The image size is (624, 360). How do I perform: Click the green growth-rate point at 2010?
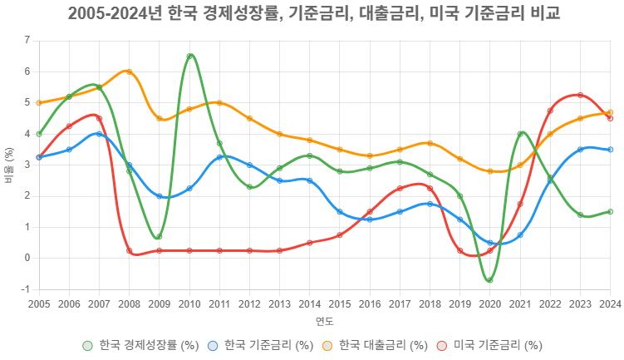(190, 57)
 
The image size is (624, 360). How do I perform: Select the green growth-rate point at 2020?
(490, 280)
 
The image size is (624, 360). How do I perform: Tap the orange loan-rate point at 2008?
(130, 72)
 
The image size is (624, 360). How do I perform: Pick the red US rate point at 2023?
(580, 95)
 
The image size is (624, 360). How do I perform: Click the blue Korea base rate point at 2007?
(99, 134)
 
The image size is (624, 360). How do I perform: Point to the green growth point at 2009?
(160, 237)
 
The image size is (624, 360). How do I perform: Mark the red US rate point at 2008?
(130, 250)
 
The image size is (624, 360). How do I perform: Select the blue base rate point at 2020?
(490, 243)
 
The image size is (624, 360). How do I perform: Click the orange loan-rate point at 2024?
(610, 112)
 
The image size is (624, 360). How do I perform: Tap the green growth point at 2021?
(520, 134)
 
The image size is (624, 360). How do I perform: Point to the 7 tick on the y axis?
(27, 41)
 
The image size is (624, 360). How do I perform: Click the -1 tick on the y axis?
(25, 289)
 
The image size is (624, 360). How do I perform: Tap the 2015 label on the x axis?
(340, 304)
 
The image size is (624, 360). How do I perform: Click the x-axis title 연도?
(324, 320)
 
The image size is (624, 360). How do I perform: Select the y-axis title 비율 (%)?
(9, 165)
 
